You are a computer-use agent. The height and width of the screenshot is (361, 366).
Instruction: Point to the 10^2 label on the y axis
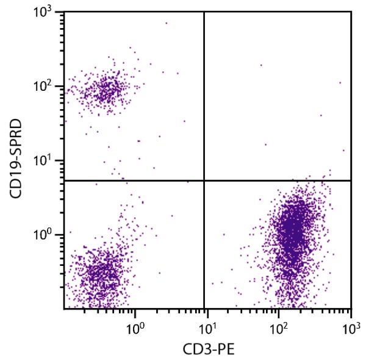[45, 86]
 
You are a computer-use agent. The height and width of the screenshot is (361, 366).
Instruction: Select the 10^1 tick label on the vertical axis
[45, 161]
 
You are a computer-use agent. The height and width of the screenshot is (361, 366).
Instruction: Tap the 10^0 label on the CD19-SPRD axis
[45, 235]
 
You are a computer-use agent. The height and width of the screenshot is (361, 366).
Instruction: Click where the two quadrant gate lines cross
[204, 180]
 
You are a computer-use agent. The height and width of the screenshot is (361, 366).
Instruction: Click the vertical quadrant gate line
[204, 98]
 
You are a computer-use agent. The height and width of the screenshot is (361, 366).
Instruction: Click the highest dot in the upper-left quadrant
[166, 23]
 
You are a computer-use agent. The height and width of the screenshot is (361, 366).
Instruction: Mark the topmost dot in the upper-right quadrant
[261, 65]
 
